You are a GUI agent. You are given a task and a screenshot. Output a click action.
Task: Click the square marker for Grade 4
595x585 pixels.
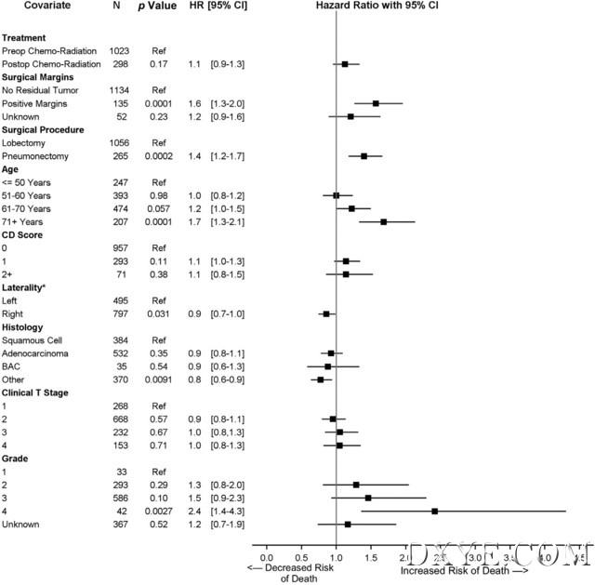pos(434,511)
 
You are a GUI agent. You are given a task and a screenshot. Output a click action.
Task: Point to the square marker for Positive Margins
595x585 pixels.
pos(376,103)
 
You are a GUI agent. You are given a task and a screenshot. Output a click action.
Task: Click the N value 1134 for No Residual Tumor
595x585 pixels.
pos(119,90)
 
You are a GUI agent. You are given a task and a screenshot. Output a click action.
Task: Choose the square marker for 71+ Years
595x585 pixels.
pos(383,221)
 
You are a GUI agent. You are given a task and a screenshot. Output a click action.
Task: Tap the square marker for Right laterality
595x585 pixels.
pos(326,313)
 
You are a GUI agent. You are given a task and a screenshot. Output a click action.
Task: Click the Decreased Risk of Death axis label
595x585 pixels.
pos(290,571)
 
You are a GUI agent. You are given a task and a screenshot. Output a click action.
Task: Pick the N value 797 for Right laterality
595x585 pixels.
pos(119,313)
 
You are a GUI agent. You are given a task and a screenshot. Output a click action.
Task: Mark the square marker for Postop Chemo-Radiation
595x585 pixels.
pos(345,64)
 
